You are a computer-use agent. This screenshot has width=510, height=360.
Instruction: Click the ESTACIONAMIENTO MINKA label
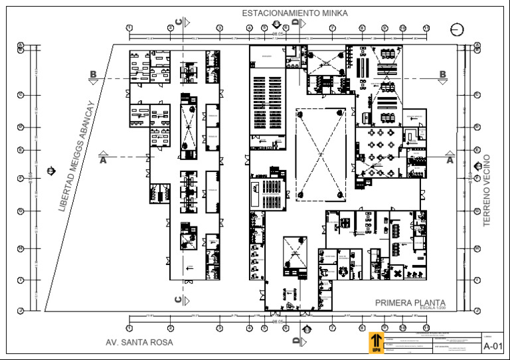coord(294,13)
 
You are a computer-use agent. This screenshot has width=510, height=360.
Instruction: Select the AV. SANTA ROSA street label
coord(139,342)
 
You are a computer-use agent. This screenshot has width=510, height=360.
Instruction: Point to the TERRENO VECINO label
coord(487,191)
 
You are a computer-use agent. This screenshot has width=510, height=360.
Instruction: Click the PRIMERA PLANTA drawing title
coord(410,303)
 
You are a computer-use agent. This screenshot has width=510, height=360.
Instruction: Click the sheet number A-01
coord(492,345)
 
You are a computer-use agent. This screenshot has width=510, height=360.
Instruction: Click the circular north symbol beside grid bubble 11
coord(456,29)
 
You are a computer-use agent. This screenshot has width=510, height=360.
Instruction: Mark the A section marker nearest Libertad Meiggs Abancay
coord(103,159)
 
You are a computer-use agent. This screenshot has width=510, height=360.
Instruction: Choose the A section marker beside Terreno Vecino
coord(450,159)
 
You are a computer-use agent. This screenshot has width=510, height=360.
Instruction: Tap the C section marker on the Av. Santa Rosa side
coord(179,300)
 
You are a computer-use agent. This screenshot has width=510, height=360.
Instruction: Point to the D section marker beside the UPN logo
coord(296,341)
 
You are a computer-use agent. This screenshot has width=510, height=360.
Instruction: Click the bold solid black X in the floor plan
coord(398,273)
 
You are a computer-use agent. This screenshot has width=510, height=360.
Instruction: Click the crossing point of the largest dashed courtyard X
coord(320,154)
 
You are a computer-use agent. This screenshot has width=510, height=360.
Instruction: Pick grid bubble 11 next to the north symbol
coord(426,28)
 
